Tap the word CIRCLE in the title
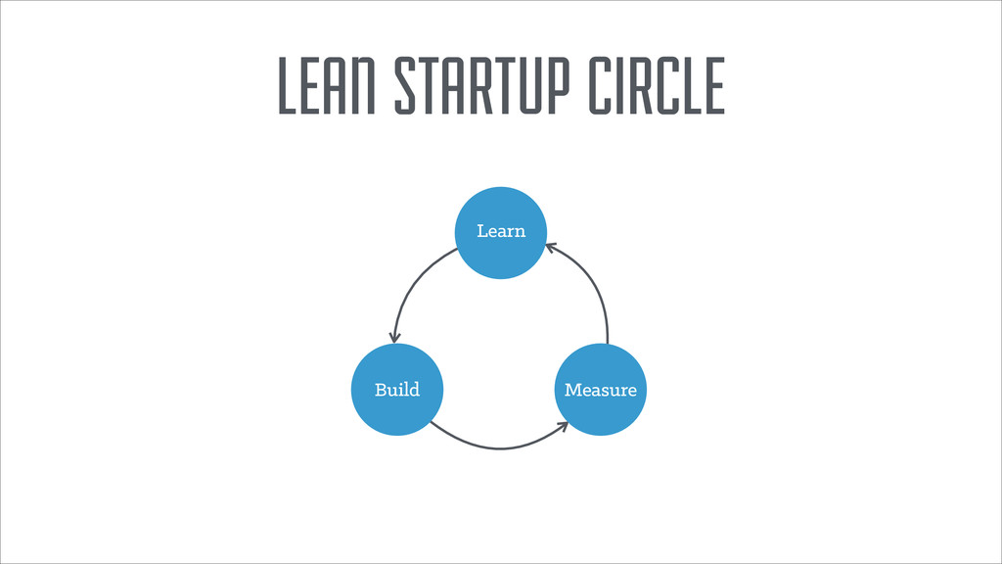[x=657, y=85]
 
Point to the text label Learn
[x=501, y=232]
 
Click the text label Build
[x=396, y=390]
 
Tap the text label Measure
[x=600, y=390]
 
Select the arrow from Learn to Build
[x=411, y=285]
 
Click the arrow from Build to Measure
[x=499, y=448]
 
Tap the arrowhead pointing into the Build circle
[x=394, y=337]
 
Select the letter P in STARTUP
[x=569, y=85]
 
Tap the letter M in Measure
[x=572, y=390]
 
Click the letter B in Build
[x=381, y=390]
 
